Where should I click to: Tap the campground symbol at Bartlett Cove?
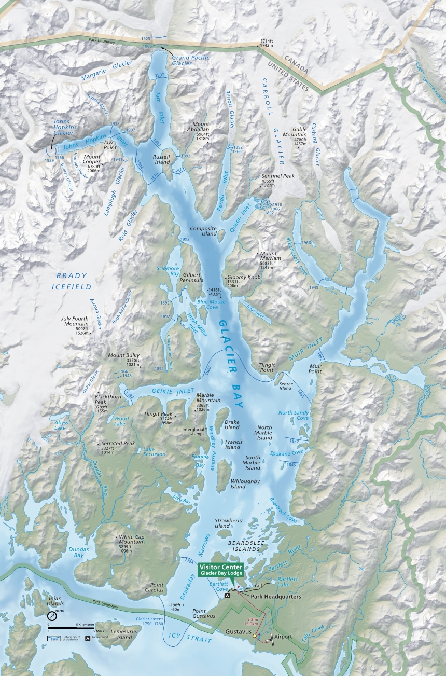click(x=227, y=597)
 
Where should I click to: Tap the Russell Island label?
click(x=162, y=158)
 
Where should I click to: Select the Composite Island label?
click(x=203, y=231)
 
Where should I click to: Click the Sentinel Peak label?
click(x=278, y=176)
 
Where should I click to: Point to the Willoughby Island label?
click(x=245, y=484)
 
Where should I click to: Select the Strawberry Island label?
click(x=229, y=523)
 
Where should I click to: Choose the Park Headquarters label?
click(x=276, y=597)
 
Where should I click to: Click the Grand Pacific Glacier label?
click(x=190, y=60)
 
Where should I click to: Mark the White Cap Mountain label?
click(x=131, y=540)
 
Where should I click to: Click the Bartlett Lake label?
click(x=287, y=582)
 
